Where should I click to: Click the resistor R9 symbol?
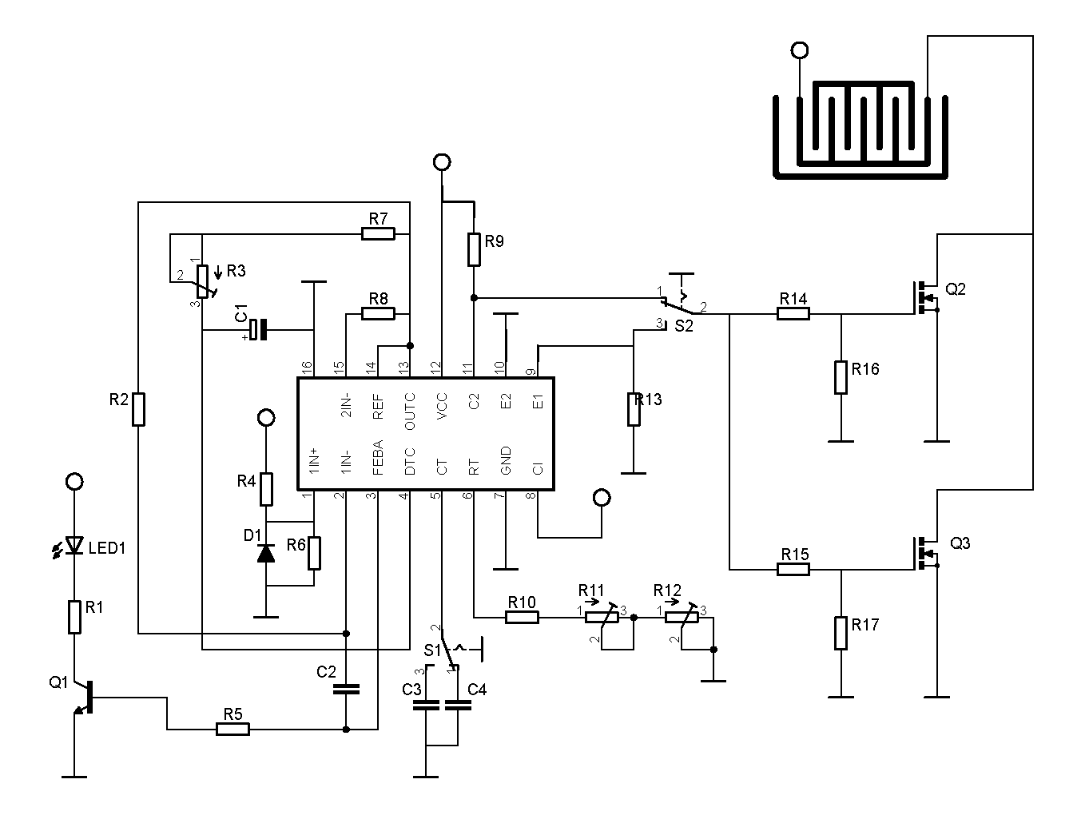point(474,249)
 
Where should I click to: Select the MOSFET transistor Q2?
point(925,297)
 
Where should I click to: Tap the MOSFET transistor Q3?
point(925,553)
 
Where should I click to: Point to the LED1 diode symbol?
point(74,546)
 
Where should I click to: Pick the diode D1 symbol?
point(265,553)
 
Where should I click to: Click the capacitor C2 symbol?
point(346,688)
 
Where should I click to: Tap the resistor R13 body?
point(634,409)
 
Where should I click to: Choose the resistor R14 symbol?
point(793,314)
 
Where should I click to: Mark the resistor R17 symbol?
point(841,633)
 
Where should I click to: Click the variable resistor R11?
point(602,617)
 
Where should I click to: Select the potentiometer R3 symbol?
point(203,281)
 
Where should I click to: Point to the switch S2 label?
point(684,326)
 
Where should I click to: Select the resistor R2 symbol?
point(138,409)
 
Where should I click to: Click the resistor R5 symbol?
point(233,729)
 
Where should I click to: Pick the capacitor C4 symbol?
point(458,705)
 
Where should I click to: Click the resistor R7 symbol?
point(378,233)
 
